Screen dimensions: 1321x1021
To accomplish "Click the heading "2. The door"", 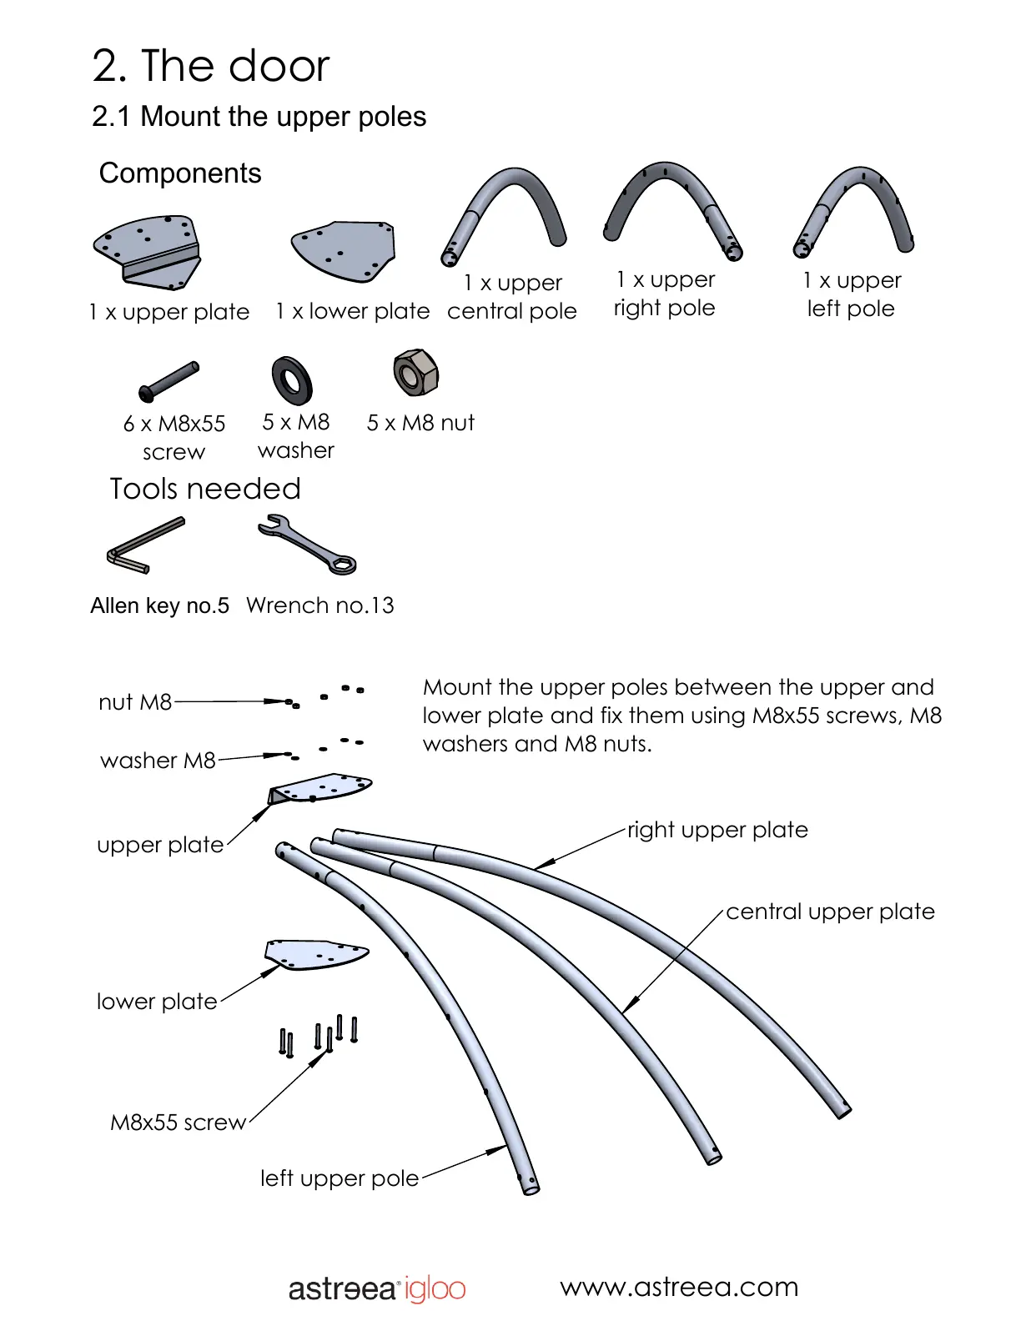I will (x=211, y=66).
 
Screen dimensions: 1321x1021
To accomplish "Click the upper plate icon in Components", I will (x=148, y=251).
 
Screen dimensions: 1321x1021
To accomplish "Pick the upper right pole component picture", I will (x=671, y=208).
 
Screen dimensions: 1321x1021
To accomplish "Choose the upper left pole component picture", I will (x=853, y=208).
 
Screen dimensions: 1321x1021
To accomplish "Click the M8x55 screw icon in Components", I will (x=169, y=381).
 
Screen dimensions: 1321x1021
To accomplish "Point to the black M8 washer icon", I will (x=292, y=379).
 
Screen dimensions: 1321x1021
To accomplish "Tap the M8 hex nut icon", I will (x=415, y=373).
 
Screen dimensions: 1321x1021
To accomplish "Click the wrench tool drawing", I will (x=307, y=545).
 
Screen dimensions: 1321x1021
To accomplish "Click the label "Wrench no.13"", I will (x=319, y=605).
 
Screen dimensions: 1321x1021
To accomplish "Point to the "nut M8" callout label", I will (x=135, y=702).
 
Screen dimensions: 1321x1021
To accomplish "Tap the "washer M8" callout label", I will (x=158, y=761).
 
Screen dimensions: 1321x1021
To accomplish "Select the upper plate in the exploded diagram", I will (x=321, y=788).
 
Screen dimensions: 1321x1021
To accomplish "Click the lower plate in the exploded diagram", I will (x=316, y=954).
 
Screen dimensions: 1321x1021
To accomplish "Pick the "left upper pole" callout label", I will (x=339, y=1178).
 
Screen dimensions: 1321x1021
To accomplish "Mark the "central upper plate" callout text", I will (x=830, y=912).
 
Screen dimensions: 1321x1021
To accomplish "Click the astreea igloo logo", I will (x=377, y=1288).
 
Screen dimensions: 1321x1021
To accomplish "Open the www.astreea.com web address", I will (x=679, y=1287).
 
